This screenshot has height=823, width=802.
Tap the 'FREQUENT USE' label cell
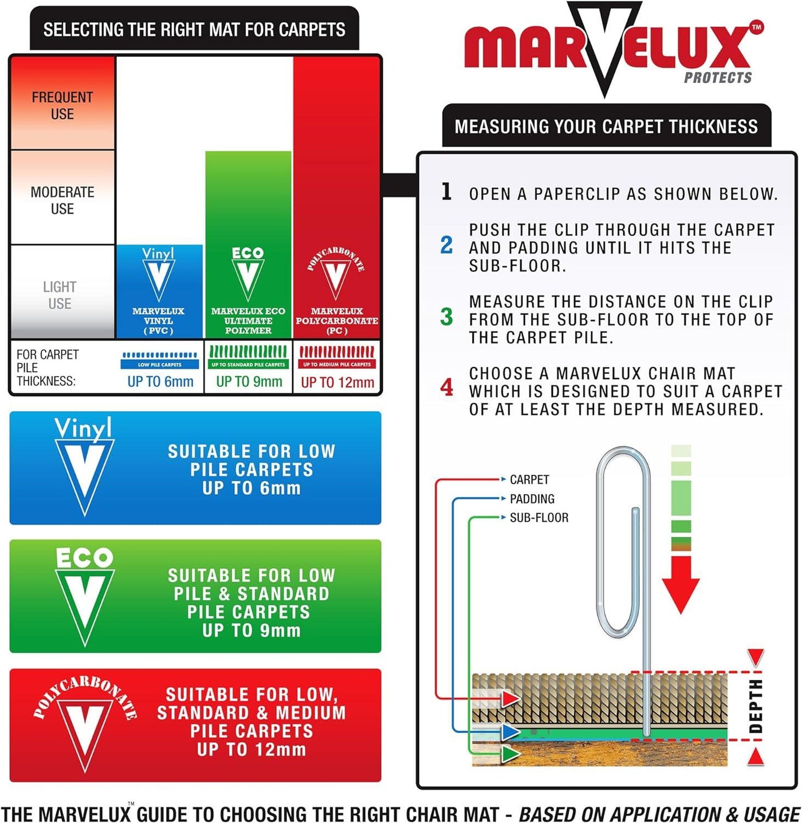pyautogui.click(x=62, y=105)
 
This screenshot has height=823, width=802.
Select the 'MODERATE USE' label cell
pyautogui.click(x=62, y=200)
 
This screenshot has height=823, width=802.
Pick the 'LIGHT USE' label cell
pyautogui.click(x=60, y=295)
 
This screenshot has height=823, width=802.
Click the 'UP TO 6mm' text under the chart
pyautogui.click(x=160, y=381)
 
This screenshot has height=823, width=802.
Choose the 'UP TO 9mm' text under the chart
pyautogui.click(x=249, y=381)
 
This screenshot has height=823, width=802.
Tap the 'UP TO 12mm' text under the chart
pyautogui.click(x=337, y=382)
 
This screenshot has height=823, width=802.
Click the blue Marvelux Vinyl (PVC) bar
pyautogui.click(x=159, y=291)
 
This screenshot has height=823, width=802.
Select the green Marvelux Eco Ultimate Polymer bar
pyautogui.click(x=248, y=243)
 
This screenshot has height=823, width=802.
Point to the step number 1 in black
pyautogui.click(x=447, y=191)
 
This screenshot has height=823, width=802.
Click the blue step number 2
pyautogui.click(x=446, y=246)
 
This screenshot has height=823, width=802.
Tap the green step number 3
pyautogui.click(x=446, y=317)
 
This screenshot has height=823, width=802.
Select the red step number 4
pyautogui.click(x=446, y=388)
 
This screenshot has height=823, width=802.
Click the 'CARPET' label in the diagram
pyautogui.click(x=529, y=479)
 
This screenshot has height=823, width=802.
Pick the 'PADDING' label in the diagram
pyautogui.click(x=532, y=499)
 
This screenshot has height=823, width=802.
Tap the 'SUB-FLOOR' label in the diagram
pyautogui.click(x=538, y=518)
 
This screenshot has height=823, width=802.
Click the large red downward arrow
pyautogui.click(x=681, y=584)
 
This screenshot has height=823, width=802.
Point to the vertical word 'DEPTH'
pyautogui.click(x=756, y=706)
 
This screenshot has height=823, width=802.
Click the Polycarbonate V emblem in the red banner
pyautogui.click(x=85, y=725)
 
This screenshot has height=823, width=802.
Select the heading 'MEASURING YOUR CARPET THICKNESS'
pyautogui.click(x=606, y=127)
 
